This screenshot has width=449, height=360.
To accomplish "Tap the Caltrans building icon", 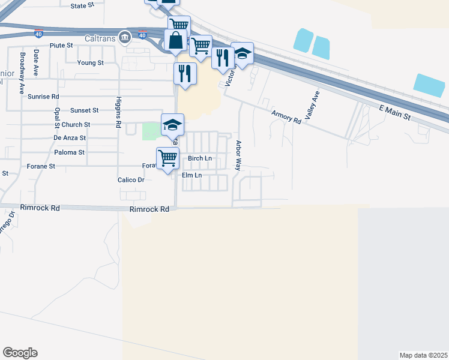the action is [124, 37].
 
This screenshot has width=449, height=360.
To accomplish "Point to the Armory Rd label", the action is [286, 117].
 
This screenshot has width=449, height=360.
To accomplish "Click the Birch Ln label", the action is [200, 158].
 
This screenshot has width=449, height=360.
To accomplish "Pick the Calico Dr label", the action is [131, 179].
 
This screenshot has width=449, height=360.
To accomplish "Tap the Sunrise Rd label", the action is [47, 96].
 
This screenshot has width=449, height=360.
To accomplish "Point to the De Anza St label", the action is [70, 138].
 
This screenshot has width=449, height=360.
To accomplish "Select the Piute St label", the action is [61, 45].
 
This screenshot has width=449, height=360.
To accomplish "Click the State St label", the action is [83, 5].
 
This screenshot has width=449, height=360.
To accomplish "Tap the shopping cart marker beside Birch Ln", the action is [168, 158].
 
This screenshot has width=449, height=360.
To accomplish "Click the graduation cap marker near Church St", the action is [172, 125].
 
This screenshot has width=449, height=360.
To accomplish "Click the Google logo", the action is [20, 353].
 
